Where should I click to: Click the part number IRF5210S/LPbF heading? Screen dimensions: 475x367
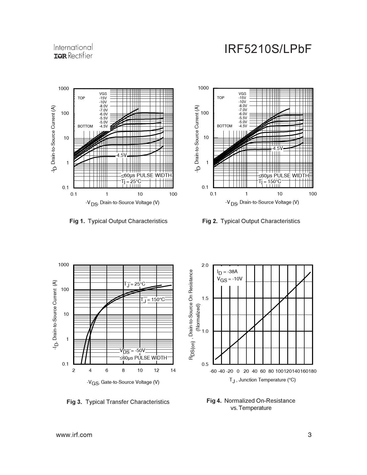[268, 49]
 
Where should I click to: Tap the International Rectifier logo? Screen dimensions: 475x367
[73, 52]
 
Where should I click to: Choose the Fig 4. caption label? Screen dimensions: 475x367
[214, 401]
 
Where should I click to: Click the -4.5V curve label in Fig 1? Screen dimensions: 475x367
[121, 155]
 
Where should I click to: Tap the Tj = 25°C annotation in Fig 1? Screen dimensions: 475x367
[131, 181]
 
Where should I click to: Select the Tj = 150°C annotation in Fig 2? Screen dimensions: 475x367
[270, 181]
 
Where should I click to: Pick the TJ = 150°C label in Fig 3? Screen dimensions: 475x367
[153, 300]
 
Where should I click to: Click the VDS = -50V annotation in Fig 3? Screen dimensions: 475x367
[132, 351]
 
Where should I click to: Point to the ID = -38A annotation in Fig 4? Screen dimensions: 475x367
[227, 272]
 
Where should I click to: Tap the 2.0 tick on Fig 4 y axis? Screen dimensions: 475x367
[205, 265]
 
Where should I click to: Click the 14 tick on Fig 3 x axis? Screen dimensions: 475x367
[173, 370]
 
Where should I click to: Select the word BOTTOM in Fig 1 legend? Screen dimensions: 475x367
[85, 126]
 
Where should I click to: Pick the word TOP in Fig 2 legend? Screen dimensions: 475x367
[220, 98]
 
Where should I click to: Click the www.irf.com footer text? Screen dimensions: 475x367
[74, 435]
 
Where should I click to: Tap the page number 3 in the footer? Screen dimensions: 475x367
[310, 435]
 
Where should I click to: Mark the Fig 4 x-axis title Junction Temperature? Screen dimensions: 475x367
[263, 380]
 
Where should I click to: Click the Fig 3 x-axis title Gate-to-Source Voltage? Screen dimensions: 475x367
[123, 382]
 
